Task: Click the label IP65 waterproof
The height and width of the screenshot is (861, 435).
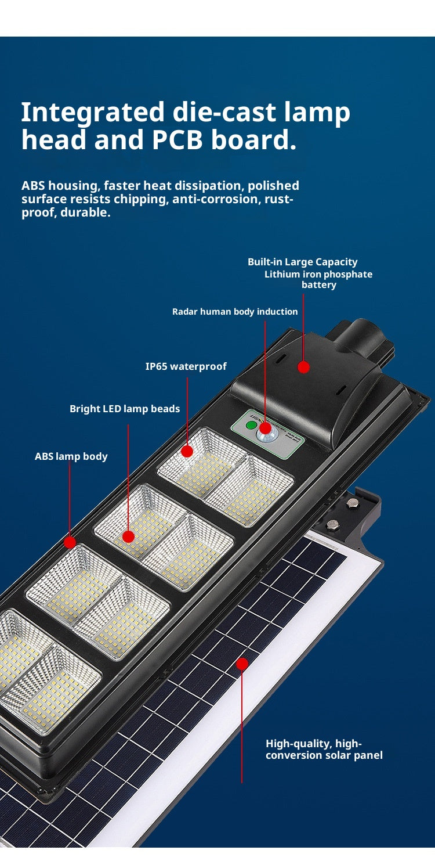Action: (186, 366)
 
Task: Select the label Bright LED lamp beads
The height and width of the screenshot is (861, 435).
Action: (125, 409)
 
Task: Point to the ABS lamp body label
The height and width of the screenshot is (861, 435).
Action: (71, 456)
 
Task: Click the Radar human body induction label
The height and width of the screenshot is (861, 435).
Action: (235, 312)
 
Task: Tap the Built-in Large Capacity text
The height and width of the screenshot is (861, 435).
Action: (302, 262)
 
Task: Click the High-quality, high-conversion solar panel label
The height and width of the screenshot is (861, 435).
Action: (324, 750)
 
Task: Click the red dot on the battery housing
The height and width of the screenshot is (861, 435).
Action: (303, 367)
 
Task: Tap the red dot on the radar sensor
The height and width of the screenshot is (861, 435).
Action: (265, 428)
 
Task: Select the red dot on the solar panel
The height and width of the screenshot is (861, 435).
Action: (242, 664)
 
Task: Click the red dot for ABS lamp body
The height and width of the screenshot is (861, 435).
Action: (70, 543)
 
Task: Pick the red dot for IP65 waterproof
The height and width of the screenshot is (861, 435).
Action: (187, 451)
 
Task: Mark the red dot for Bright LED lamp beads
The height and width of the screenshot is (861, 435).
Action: (128, 536)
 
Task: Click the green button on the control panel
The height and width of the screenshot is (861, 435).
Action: (251, 425)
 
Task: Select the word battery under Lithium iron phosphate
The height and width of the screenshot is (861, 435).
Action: (318, 285)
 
